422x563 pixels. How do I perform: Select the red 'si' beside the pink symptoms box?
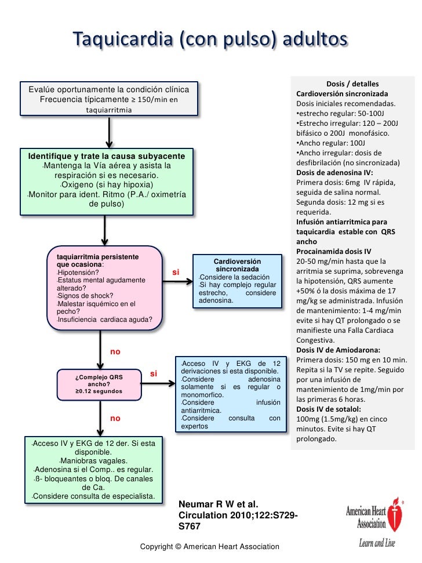click(x=176, y=273)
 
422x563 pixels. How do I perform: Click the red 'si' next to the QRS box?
click(x=154, y=373)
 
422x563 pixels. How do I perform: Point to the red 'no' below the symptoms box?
click(x=115, y=351)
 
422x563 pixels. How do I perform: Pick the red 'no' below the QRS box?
click(x=115, y=417)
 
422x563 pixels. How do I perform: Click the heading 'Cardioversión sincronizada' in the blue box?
click(x=238, y=266)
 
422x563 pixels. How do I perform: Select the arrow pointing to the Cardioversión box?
click(x=182, y=282)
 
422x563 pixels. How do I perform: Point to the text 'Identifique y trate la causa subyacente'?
click(x=107, y=157)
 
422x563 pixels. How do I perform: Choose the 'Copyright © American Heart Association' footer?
click(x=210, y=547)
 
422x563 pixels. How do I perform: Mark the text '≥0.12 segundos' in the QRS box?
click(x=99, y=392)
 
